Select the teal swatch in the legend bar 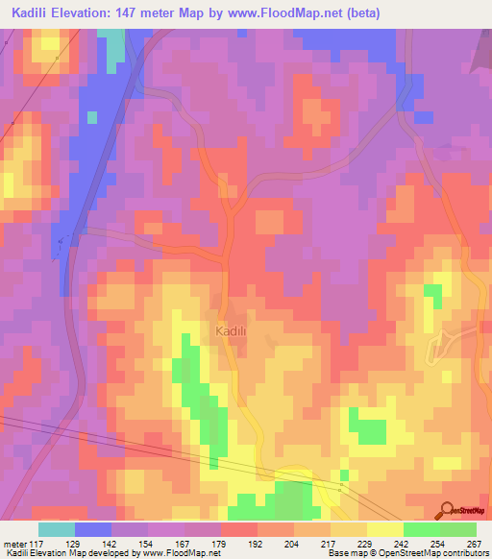coord(57,528)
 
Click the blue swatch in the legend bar coord(93,528)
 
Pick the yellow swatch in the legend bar coord(385,528)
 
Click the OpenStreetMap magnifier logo coord(447,510)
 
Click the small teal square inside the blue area coord(92,117)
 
